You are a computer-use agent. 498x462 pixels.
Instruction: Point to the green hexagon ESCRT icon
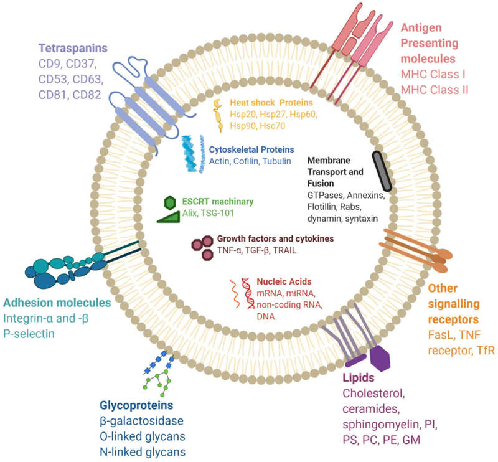click(x=169, y=202)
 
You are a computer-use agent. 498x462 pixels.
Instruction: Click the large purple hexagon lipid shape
click(x=379, y=357)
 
